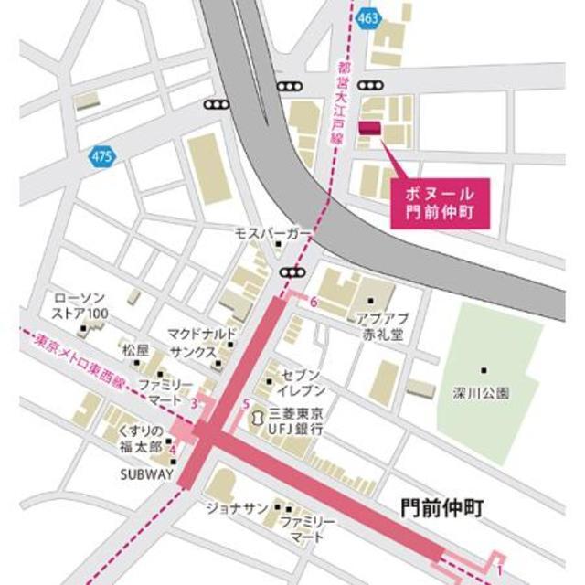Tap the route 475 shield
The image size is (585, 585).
102,157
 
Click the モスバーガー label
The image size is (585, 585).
273,235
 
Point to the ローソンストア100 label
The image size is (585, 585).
82,307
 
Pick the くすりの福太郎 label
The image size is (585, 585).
139,439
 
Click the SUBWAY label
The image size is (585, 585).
145,474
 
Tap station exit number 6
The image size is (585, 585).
314,302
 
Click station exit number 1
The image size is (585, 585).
500,569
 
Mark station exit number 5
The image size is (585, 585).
246,404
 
